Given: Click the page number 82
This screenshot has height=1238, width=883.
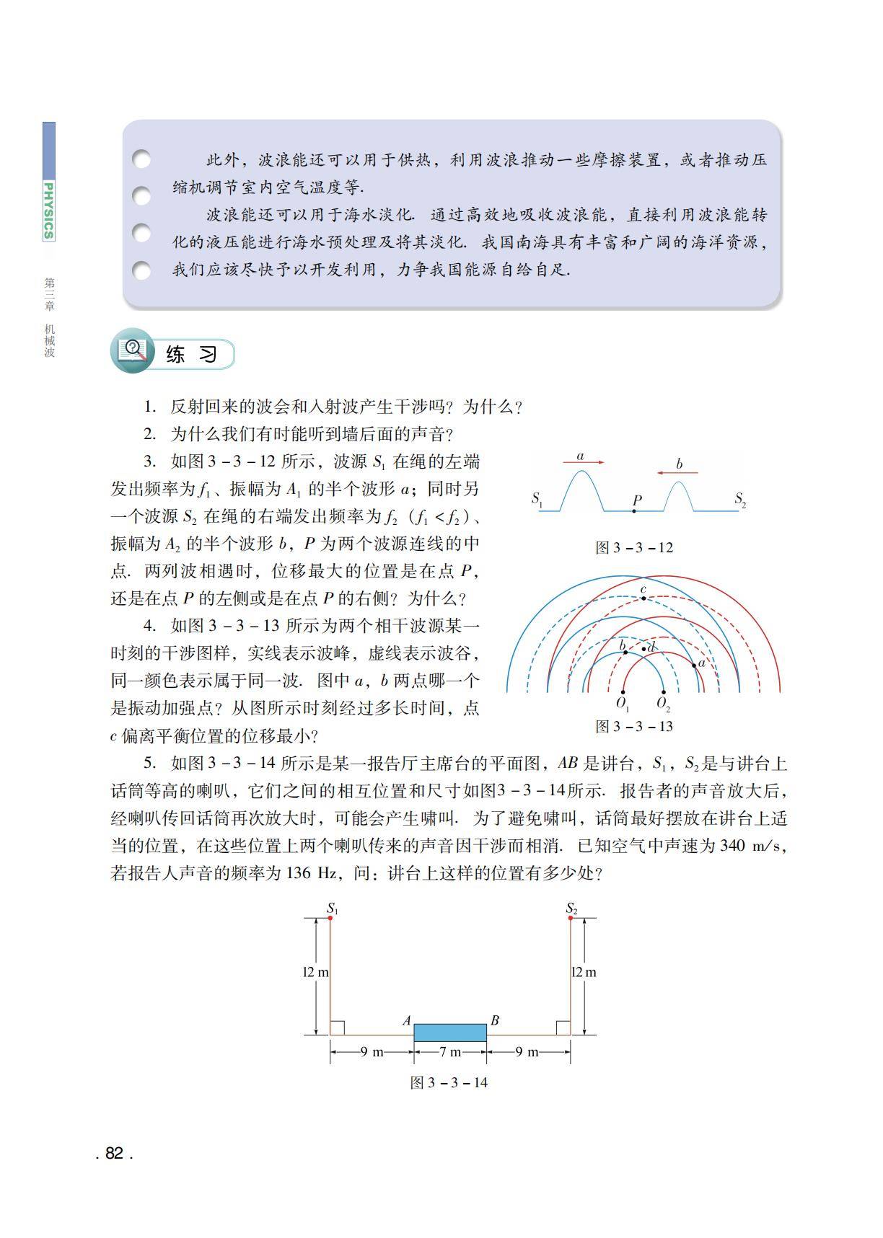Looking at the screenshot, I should [x=114, y=1153].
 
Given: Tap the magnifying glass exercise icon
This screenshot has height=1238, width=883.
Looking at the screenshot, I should [x=132, y=350].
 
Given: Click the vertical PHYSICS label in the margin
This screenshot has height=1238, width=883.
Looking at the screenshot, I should [x=48, y=211].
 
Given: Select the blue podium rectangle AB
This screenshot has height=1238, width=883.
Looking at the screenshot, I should [x=450, y=1032].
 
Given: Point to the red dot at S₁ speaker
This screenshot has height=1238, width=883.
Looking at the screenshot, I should [x=330, y=917].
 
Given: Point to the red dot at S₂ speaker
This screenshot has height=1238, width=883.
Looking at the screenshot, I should [x=571, y=917].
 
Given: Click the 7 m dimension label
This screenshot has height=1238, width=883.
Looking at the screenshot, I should [x=450, y=1052].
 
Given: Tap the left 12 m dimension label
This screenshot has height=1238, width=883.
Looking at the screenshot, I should [x=315, y=972].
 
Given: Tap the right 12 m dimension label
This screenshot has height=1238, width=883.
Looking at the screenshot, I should [x=584, y=972].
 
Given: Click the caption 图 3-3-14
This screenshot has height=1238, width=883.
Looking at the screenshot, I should [x=449, y=1082].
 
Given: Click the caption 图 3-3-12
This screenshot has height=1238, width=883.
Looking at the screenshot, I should [x=634, y=547].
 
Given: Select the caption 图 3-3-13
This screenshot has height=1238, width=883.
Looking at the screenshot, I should [x=634, y=726].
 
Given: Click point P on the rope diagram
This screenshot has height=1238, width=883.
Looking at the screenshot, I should [x=634, y=511].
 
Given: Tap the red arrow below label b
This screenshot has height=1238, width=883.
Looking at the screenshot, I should [x=678, y=473].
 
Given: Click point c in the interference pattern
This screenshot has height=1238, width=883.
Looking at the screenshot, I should [x=643, y=598].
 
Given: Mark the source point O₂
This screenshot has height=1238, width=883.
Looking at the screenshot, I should [x=662, y=692].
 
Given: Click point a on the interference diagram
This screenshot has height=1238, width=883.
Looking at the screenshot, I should [x=694, y=665].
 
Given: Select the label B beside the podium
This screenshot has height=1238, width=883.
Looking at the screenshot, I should [x=495, y=1020].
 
